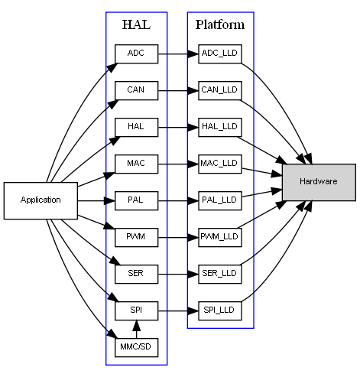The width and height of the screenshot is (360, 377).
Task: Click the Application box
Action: tap(41, 200)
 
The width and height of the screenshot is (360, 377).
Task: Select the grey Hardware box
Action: tap(319, 182)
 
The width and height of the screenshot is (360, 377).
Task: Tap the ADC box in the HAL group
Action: tap(136, 54)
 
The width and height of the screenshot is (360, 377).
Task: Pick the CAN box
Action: tap(136, 90)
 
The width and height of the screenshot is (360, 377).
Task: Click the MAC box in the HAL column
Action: tap(136, 164)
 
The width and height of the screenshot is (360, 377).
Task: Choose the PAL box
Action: tap(136, 200)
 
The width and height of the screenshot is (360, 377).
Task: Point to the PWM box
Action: tap(136, 238)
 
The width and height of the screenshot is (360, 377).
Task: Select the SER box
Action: tap(136, 274)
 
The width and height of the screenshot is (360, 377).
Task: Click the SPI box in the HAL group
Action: tap(136, 310)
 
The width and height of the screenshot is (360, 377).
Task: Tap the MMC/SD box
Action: tap(136, 347)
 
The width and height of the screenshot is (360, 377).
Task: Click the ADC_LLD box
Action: tap(220, 54)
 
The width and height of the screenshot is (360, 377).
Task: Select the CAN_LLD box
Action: tap(220, 90)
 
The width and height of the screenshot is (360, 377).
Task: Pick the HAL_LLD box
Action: tap(220, 127)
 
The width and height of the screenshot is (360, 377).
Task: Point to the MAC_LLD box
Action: tap(220, 164)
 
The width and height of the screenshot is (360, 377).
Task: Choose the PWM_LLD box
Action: tap(220, 238)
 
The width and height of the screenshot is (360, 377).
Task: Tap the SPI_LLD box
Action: tap(220, 310)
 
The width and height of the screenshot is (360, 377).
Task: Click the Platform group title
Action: tap(220, 24)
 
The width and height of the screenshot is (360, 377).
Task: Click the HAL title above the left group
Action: tap(136, 24)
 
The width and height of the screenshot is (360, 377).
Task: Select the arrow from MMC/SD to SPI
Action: tap(136, 329)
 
